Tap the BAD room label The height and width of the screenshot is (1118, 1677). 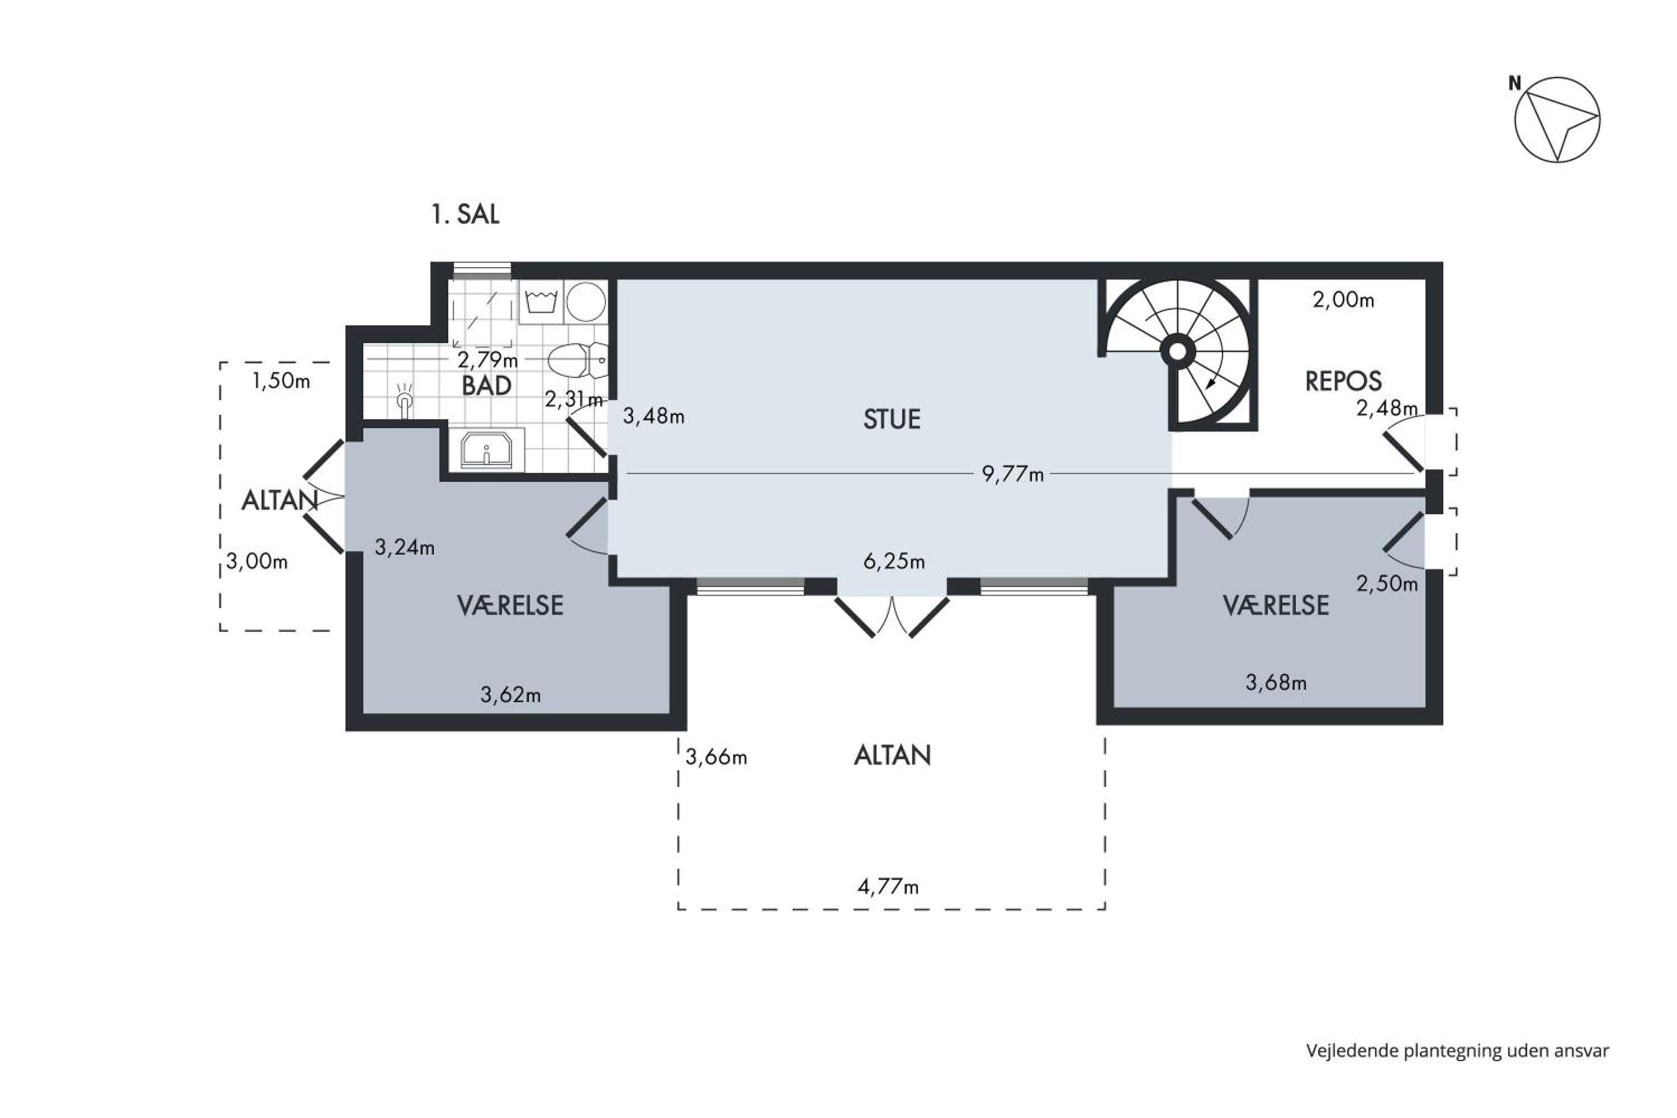coord(486,386)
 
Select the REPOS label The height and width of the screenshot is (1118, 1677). coord(1343,381)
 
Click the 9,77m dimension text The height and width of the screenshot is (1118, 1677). coord(1012,473)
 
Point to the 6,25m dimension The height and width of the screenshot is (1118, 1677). coord(894,562)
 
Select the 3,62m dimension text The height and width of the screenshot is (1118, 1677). coord(510,694)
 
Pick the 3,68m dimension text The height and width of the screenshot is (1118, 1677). coord(1276,683)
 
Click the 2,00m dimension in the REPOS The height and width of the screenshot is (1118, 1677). coord(1343,300)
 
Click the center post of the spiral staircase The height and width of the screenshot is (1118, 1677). coord(1177,352)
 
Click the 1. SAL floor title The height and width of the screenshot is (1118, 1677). coord(465,214)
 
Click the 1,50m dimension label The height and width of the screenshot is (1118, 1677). coord(281,381)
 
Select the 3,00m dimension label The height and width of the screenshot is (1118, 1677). coord(257,562)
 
